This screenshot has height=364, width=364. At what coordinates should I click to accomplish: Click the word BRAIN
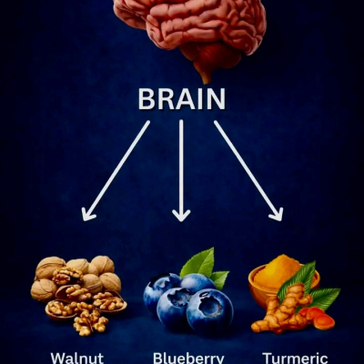pos(182,99)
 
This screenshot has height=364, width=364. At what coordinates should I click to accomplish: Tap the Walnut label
pos(77,358)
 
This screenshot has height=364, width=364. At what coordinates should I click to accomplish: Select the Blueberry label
pos(188,358)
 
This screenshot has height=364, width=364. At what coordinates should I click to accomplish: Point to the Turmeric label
pos(295,358)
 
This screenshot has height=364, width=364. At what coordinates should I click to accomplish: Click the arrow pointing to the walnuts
pos(116,170)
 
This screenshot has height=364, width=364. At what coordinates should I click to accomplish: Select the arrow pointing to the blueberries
pos(181,170)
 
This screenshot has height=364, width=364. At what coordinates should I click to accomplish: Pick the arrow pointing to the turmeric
pos(248,170)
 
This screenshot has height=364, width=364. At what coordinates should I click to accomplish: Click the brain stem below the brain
pos(205,72)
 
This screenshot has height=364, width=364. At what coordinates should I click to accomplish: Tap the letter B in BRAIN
pos(147,99)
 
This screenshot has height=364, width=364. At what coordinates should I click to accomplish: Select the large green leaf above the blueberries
pos(197,263)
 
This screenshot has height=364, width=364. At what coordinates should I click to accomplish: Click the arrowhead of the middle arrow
pos(181,215)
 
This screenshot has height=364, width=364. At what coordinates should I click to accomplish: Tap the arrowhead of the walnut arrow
pos(87,214)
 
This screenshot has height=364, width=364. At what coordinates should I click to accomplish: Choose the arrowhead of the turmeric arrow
pos(278,214)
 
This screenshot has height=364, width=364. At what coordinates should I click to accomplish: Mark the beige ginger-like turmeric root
pos(282,312)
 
